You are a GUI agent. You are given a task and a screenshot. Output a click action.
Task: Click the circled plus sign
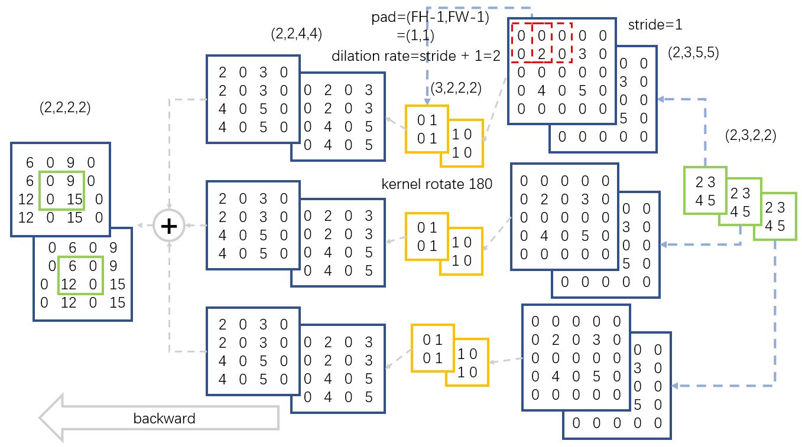point(169,226)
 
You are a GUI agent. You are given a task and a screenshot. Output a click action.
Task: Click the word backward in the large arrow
point(164,419)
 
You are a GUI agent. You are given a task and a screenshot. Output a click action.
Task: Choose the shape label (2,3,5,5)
point(693,53)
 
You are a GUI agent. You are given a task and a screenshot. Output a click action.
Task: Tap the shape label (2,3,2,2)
point(751,136)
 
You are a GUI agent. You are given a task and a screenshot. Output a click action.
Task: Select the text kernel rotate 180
point(437,184)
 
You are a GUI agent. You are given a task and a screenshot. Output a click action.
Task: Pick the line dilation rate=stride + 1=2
point(417,56)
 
